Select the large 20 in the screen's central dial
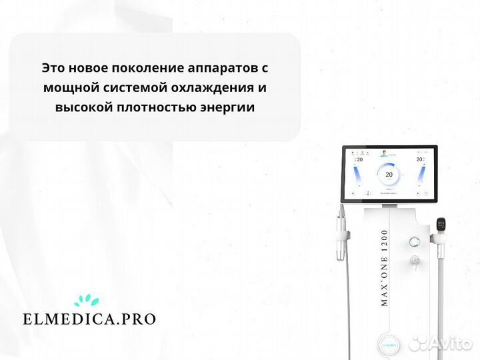point(389,175)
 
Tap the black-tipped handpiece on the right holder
point(441,225)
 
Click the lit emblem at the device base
point(389,346)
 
